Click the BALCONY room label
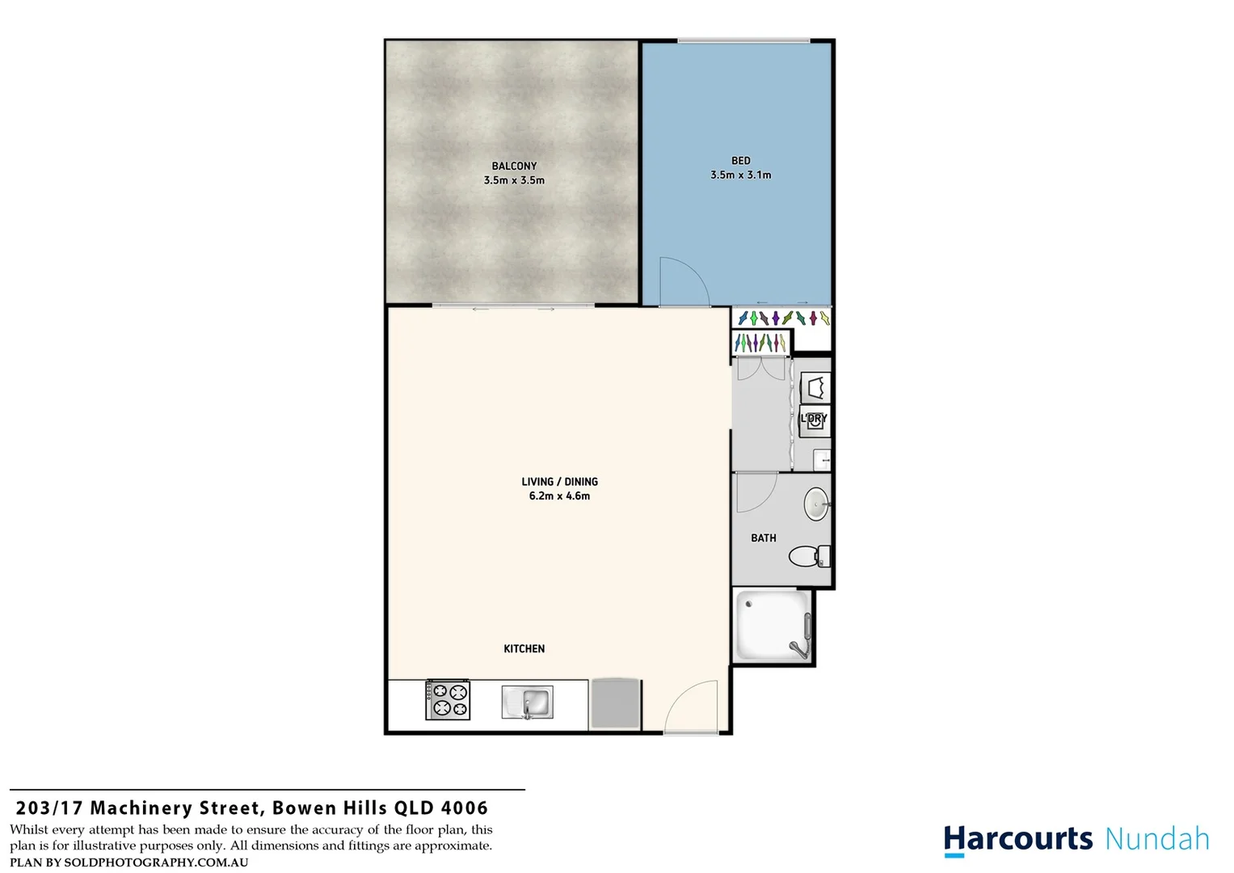(514, 166)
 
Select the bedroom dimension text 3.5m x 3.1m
(740, 175)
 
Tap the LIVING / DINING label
(559, 482)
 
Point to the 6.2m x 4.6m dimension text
(559, 496)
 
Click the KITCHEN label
(524, 648)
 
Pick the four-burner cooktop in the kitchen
(448, 700)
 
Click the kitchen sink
(528, 702)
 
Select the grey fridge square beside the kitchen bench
(616, 703)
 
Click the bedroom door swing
(683, 281)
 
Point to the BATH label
(763, 538)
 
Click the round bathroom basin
(816, 504)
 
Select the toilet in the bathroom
(808, 556)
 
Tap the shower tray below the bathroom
(772, 626)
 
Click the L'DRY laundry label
(814, 419)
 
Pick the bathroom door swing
(755, 491)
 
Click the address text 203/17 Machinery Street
(138, 808)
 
